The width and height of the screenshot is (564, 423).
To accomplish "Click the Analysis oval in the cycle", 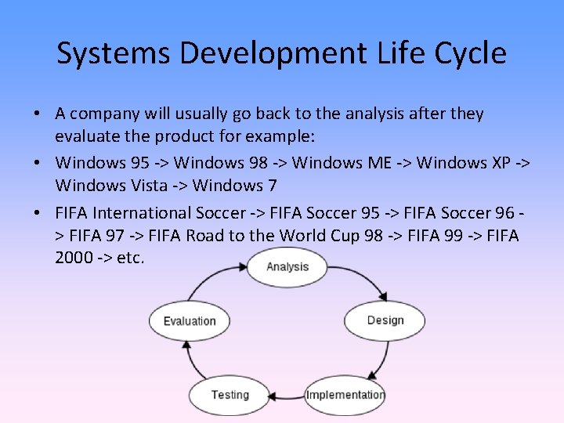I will tap(287, 267).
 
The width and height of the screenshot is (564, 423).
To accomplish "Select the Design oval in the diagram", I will tap(385, 320).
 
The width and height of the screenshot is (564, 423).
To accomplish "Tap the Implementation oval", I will tap(345, 394).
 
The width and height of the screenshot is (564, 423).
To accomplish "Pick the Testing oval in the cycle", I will tap(229, 394).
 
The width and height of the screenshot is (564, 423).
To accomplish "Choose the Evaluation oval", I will tap(189, 320).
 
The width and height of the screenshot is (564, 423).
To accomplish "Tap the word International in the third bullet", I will tap(149, 213).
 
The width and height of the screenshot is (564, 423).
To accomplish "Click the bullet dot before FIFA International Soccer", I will tap(38, 213).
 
